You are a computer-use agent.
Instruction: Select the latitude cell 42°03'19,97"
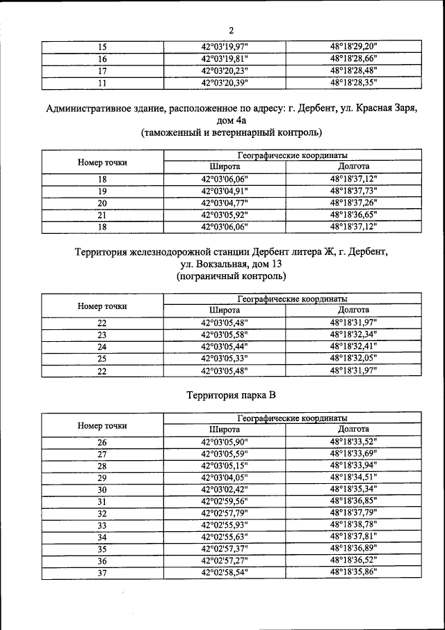tap(224, 47)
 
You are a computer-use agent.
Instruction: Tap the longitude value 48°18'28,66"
tap(358, 58)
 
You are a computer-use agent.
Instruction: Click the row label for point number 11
tap(102, 83)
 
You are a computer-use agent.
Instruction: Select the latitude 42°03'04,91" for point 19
tap(224, 191)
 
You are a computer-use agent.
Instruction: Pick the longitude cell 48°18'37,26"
tap(358, 203)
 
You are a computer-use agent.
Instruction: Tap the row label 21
tap(102, 215)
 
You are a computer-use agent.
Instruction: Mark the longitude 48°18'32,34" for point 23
tap(358, 334)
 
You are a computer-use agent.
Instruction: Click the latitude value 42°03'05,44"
tap(224, 346)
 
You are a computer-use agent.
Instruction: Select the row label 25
tap(102, 359)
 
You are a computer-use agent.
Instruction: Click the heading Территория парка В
tap(232, 395)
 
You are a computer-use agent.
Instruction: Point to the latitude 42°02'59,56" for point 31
tap(224, 501)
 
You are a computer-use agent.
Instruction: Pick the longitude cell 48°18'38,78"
tap(358, 525)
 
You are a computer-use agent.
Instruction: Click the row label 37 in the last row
tap(102, 572)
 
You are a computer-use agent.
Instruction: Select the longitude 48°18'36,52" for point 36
tap(358, 560)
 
